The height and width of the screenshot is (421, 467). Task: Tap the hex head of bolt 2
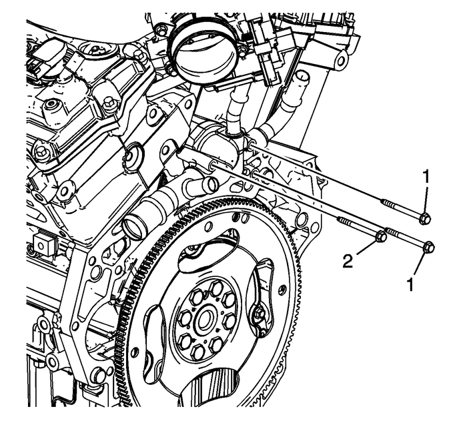click(x=381, y=236)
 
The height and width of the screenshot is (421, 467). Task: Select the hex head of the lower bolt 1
click(x=429, y=247)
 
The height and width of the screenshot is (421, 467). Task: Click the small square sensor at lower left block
click(x=44, y=244)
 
